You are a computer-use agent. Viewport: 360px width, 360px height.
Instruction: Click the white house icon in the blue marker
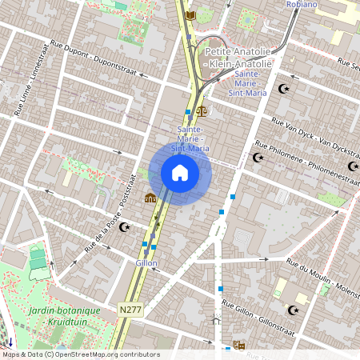tap(180, 172)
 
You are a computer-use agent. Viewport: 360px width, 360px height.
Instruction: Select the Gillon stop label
tap(146, 262)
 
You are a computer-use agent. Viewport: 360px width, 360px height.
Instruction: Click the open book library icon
tap(190, 15)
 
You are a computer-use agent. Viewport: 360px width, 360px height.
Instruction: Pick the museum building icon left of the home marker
tap(150, 198)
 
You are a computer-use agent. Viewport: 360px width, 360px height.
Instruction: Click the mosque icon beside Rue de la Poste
tap(124, 227)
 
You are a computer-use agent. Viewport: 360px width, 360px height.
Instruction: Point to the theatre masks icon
tap(238, 346)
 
